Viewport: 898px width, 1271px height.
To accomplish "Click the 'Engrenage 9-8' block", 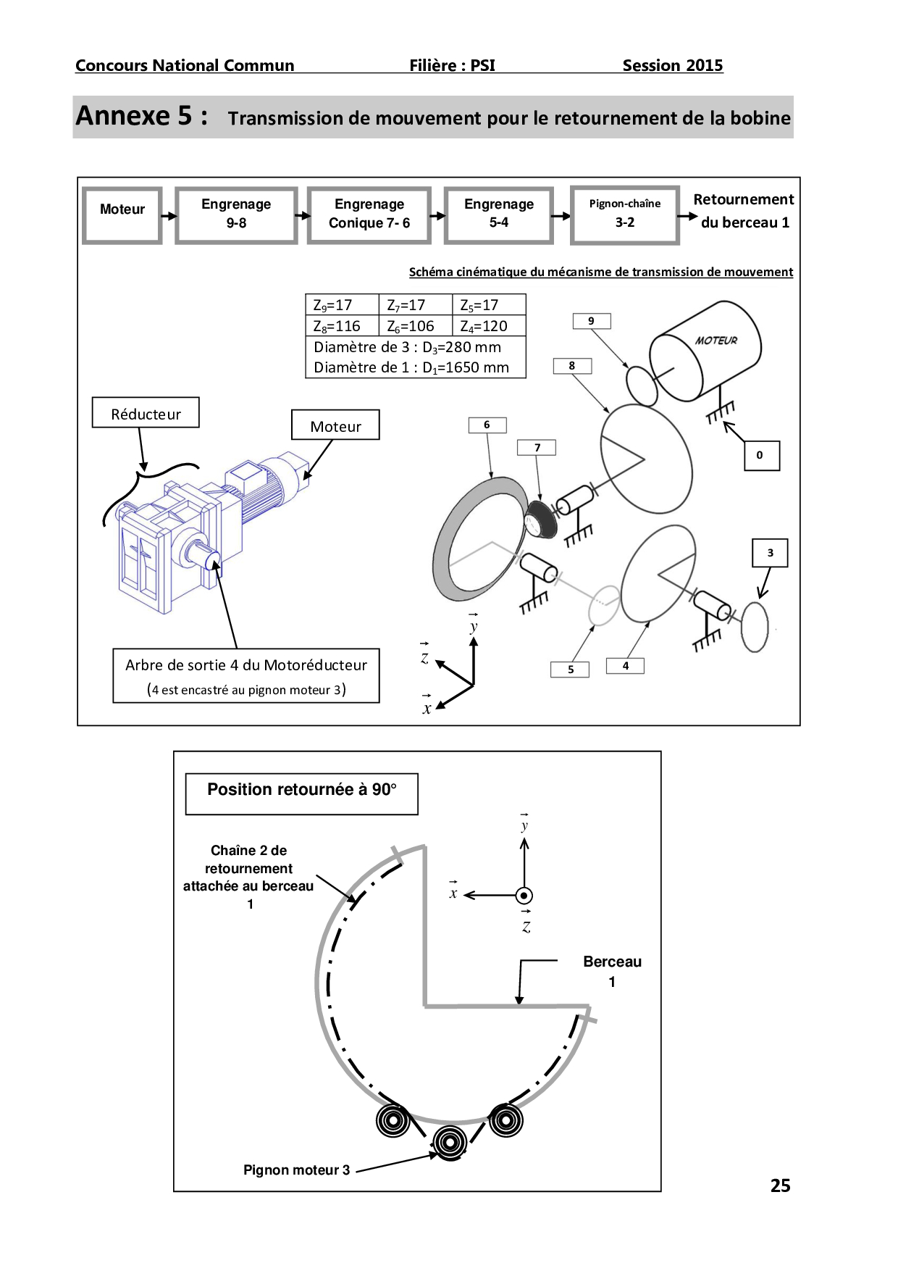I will point(236,214).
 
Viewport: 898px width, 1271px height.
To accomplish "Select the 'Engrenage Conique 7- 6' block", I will point(369,214).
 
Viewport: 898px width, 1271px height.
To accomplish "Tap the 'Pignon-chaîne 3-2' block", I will point(625,214).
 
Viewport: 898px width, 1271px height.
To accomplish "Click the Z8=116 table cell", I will point(341,326).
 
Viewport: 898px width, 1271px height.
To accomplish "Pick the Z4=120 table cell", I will point(488,326).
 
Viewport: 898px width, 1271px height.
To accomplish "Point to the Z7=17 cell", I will point(414,305).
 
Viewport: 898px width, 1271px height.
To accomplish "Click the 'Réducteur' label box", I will point(146,413).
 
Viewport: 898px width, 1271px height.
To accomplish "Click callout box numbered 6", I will point(487,425).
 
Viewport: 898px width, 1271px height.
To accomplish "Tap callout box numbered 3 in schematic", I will point(770,553).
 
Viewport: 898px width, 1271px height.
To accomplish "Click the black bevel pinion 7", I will point(542,519).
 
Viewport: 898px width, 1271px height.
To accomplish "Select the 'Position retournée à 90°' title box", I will point(301,793).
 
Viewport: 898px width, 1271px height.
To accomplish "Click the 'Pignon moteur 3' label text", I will point(296,1170).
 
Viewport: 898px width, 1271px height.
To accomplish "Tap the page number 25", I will point(780,1185).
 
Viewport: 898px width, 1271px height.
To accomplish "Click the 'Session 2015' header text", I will point(672,65).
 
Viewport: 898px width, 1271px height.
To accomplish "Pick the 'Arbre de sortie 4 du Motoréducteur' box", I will point(246,675).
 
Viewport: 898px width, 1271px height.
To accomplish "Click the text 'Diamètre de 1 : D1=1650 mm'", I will point(411,367).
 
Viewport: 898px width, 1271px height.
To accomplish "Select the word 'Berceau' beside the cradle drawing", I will point(612,962).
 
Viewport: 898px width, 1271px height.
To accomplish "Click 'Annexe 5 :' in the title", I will point(142,116).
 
